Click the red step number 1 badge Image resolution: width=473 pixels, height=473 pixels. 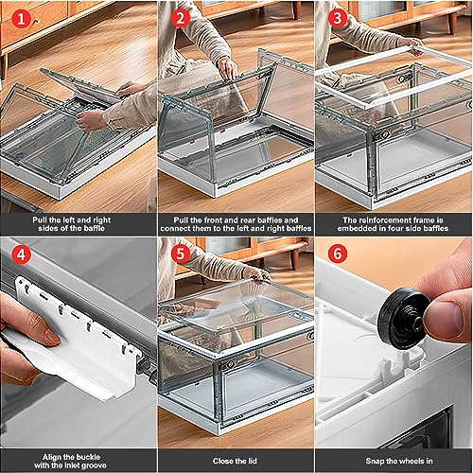click(x=21, y=19)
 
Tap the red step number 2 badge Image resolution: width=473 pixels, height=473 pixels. click(x=180, y=18)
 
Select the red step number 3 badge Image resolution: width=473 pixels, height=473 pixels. click(x=337, y=18)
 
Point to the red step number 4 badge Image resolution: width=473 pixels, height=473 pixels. click(x=21, y=254)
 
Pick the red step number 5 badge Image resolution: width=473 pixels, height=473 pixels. click(x=180, y=254)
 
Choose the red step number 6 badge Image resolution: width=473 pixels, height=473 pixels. click(x=337, y=254)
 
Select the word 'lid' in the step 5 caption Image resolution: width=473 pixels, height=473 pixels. click(x=252, y=461)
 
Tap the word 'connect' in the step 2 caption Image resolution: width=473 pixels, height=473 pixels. click(x=174, y=228)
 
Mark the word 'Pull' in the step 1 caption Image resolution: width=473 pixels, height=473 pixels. click(x=40, y=219)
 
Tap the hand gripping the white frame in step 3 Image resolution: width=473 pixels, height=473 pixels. click(x=410, y=44)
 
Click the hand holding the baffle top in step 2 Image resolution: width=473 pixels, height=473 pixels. click(x=228, y=68)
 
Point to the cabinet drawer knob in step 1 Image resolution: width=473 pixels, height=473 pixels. click(x=36, y=22)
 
